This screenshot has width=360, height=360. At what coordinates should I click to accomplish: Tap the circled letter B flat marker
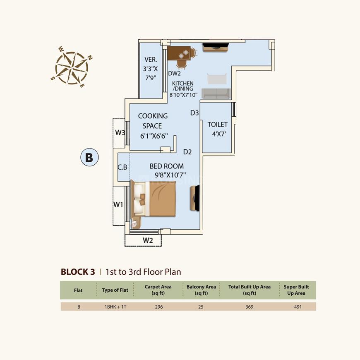pyautogui.click(x=89, y=157)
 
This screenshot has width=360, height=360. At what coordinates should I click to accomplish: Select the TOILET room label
pyautogui.click(x=217, y=125)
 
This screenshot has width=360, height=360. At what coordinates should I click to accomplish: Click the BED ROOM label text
pyautogui.click(x=166, y=166)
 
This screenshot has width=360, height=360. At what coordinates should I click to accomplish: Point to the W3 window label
pyautogui.click(x=120, y=132)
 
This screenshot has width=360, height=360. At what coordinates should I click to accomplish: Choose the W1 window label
pyautogui.click(x=119, y=204)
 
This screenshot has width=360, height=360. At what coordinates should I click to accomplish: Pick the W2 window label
pyautogui.click(x=148, y=240)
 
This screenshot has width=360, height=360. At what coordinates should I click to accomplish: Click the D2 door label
pyautogui.click(x=187, y=152)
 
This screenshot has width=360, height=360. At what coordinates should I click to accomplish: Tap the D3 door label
pyautogui.click(x=194, y=113)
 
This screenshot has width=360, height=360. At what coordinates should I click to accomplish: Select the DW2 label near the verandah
pyautogui.click(x=174, y=74)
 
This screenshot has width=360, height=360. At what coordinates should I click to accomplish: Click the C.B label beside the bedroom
pyautogui.click(x=122, y=167)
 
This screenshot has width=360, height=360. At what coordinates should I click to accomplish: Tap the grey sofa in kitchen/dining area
pyautogui.click(x=215, y=94)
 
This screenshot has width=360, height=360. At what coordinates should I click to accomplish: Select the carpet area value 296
pyautogui.click(x=163, y=307)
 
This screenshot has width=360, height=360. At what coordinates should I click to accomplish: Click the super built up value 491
pyautogui.click(x=298, y=307)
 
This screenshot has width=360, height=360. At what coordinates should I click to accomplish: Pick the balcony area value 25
pyautogui.click(x=201, y=307)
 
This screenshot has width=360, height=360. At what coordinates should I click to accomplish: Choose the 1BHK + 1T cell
pyautogui.click(x=115, y=307)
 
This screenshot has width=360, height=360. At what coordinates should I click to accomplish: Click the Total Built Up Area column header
pyautogui.click(x=249, y=290)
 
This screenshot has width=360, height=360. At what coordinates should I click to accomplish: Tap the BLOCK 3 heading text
pyautogui.click(x=78, y=272)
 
